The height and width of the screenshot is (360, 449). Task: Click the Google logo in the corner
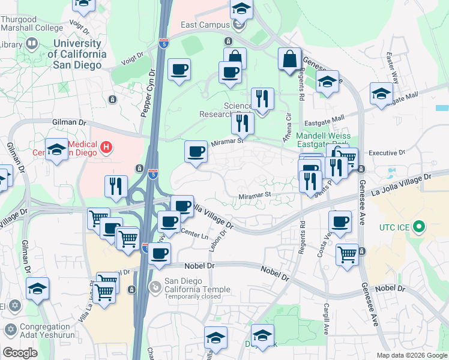coord(20,353)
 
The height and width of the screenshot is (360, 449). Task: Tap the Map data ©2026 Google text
coord(412,355)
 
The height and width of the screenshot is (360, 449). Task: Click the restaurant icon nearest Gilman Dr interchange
coord(116,186)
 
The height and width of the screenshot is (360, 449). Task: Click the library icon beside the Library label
coord(31,44)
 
